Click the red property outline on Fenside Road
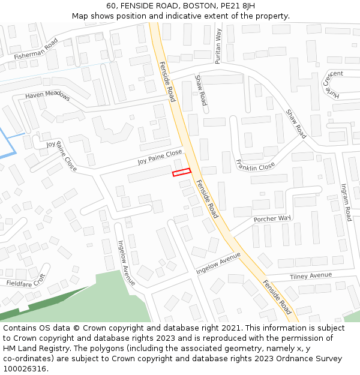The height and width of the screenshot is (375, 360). click(181, 172)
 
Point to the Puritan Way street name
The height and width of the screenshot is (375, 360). click(218, 46)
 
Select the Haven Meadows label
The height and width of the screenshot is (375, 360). click(47, 95)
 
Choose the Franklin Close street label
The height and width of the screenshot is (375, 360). click(256, 164)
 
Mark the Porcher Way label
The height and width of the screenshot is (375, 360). click(272, 218)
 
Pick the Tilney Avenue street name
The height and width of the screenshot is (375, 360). click(310, 275)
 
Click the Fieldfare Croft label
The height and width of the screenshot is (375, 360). click(26, 280)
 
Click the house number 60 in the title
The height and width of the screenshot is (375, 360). click(112, 6)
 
